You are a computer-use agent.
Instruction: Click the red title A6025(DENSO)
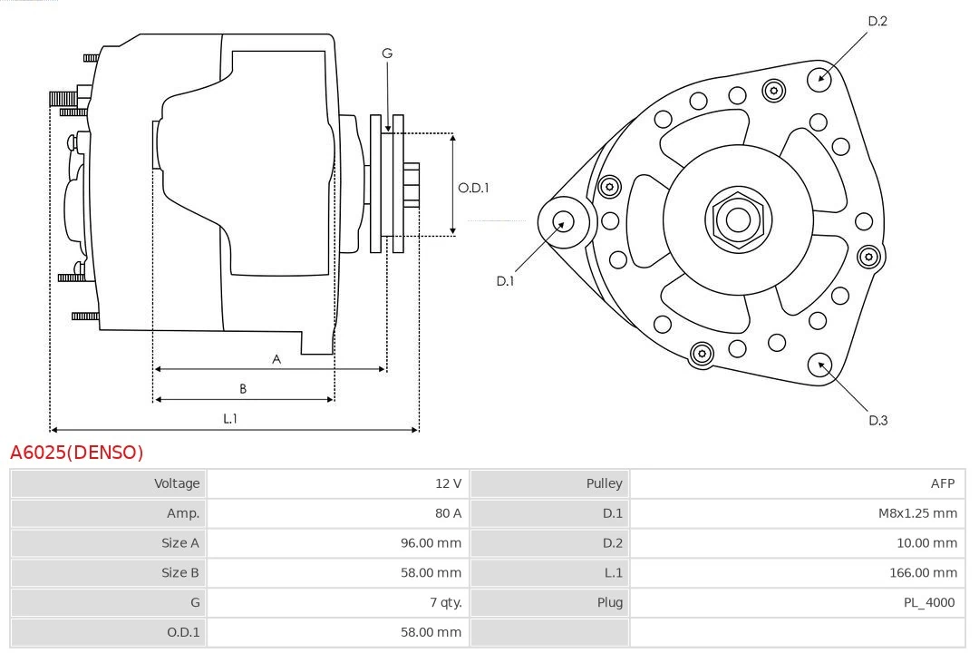[x=77, y=452]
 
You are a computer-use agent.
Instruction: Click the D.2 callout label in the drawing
[x=877, y=21]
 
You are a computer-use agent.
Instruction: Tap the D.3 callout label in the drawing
[x=877, y=420]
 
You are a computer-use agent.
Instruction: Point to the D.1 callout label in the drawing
[x=505, y=281]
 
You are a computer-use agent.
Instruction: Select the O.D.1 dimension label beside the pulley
[x=473, y=188]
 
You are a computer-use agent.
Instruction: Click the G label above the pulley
[x=387, y=54]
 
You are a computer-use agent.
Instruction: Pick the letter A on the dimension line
[x=276, y=359]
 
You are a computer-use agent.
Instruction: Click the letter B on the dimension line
[x=243, y=389]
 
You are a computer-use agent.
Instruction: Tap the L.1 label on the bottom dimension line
[x=230, y=418]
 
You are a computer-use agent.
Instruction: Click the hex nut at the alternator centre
[x=738, y=219]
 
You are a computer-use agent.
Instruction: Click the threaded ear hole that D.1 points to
[x=561, y=221]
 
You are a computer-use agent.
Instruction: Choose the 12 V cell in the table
[x=448, y=483]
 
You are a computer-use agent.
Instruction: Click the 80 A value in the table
[x=448, y=513]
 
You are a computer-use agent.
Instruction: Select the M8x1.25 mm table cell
[x=916, y=513]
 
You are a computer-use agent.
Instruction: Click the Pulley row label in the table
[x=604, y=483]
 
